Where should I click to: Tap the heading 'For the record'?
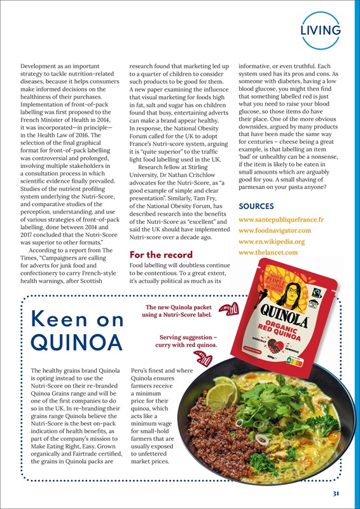click(156, 255)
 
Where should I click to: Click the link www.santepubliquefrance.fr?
click(281, 220)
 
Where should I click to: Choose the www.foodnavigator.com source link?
click(274, 230)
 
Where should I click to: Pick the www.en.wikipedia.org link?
click(272, 242)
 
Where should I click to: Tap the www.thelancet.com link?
click(268, 253)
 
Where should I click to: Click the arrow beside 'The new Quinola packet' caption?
click(225, 309)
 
